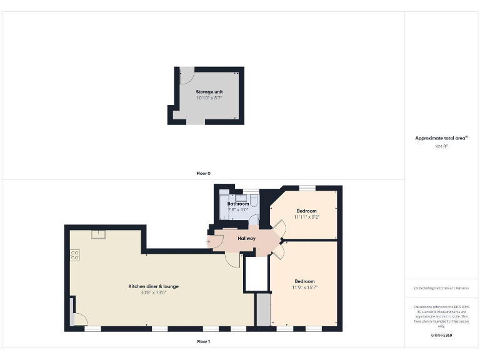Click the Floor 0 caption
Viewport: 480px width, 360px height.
[x=204, y=173]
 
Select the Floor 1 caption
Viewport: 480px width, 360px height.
[x=204, y=342]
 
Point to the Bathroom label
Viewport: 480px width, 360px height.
[x=238, y=204]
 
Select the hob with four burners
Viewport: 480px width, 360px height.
[x=74, y=254]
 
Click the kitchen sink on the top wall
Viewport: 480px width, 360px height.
[x=97, y=234]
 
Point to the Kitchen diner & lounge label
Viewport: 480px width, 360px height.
[x=153, y=286]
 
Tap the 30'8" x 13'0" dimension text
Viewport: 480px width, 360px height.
[x=153, y=292]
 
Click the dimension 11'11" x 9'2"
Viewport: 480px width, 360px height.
[x=306, y=217]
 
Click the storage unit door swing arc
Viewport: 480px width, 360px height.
[x=186, y=77]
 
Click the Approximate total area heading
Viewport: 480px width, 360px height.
[x=441, y=138]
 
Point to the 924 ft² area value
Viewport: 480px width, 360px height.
[x=441, y=146]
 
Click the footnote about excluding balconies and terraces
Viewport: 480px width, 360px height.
[x=441, y=287]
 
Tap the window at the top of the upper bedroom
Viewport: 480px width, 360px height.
[x=307, y=187]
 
